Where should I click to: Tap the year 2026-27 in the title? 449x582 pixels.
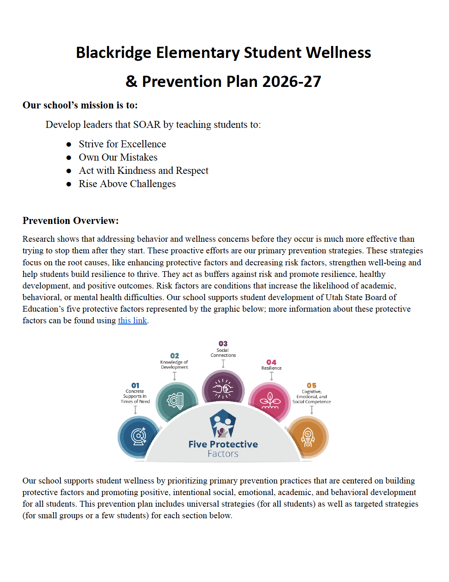pos(291,82)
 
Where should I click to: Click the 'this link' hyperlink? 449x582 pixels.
pos(132,320)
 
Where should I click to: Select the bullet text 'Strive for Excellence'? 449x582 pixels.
pos(122,144)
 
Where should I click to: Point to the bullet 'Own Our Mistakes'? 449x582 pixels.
pos(118,157)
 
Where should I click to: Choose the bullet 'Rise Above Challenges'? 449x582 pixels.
pos(127,184)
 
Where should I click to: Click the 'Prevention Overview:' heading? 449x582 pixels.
pos(71,221)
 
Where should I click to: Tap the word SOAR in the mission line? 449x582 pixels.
pos(147,125)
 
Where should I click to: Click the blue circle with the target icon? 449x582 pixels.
pos(139,436)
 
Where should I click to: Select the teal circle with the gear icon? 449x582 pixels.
pos(176,401)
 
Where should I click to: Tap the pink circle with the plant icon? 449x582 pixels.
pos(270,401)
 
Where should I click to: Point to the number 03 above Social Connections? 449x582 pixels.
pos(223,344)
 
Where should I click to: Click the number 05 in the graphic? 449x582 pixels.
pos(311,385)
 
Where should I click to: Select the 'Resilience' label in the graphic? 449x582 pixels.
pos(271,368)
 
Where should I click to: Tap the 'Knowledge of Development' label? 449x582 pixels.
pos(174,365)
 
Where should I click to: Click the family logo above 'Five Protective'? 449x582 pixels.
pos(223,423)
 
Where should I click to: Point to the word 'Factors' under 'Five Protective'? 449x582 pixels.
pos(223,454)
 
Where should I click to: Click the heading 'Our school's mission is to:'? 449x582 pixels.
pos(80,105)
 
